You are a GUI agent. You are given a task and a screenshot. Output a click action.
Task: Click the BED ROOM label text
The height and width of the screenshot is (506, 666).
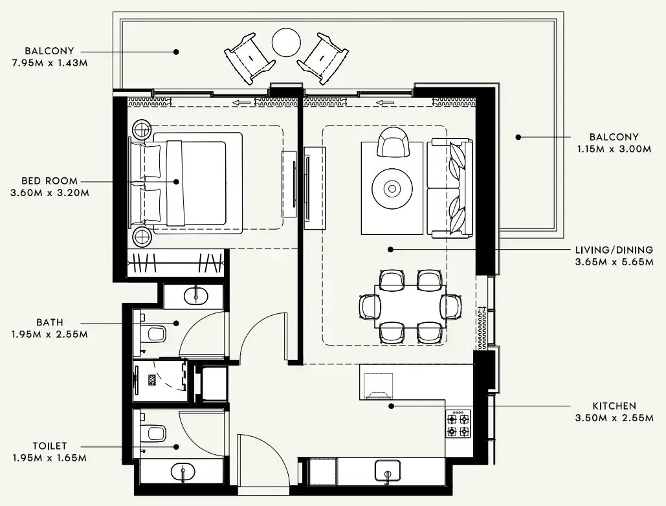point(49,181)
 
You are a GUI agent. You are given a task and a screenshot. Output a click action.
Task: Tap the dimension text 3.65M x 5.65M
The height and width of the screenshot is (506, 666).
point(614,263)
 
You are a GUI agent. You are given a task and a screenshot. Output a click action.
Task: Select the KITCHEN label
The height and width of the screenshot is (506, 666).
point(614,406)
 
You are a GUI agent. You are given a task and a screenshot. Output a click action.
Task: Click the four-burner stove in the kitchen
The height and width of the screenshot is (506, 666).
point(458,424)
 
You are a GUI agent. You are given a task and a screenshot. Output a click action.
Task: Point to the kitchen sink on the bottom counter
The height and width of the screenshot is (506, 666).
point(387,472)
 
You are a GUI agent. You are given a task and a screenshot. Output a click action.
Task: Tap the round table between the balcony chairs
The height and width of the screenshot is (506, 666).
point(286,43)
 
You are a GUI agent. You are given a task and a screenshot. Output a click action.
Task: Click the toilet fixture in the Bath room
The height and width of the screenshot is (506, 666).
point(153,335)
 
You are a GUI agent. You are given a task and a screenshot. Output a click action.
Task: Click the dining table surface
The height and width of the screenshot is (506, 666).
point(410,305)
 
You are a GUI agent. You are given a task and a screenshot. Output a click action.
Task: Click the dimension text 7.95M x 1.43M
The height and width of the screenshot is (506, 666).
point(49,63)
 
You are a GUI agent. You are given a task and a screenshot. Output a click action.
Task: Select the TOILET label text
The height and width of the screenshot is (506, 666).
point(50,446)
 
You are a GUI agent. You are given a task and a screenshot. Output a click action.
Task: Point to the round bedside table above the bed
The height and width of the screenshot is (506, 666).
point(142,129)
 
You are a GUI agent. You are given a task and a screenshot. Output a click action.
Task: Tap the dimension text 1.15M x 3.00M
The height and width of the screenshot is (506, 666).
point(614,148)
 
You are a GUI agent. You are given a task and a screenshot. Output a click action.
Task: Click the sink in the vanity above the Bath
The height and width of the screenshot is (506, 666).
point(194,296)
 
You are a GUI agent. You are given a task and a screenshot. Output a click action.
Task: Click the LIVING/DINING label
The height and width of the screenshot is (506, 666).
point(614,250)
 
